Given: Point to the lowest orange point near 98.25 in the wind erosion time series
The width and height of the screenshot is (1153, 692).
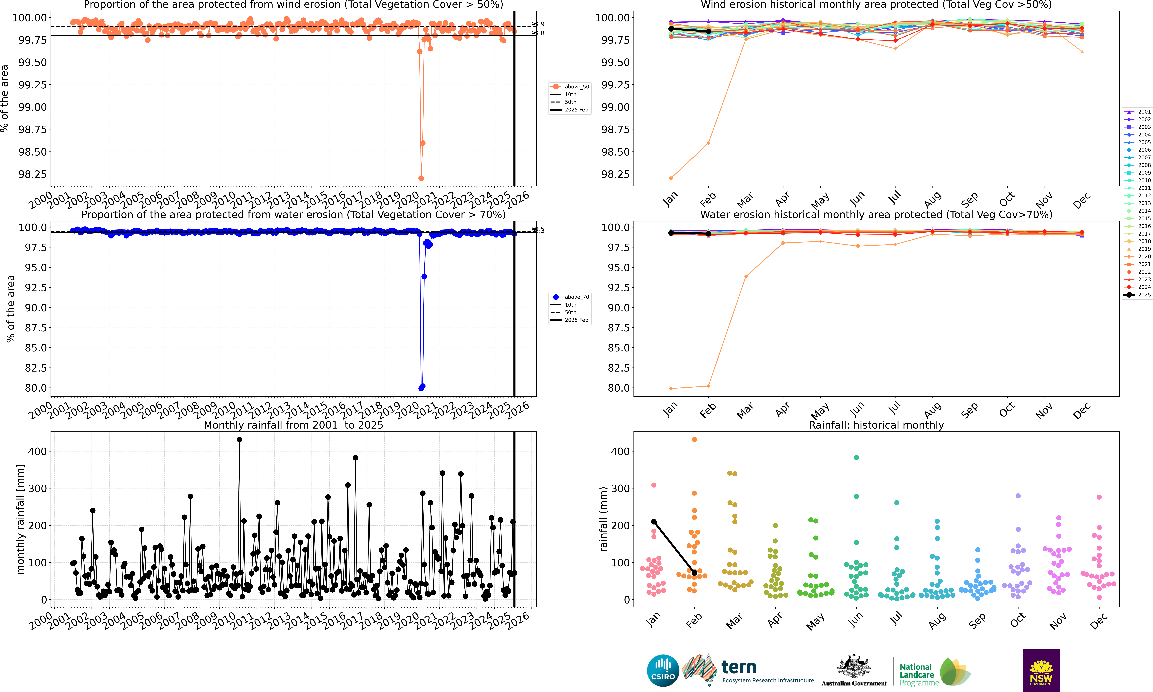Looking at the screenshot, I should [421, 178].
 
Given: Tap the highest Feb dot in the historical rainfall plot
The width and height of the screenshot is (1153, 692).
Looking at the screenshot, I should [694, 439].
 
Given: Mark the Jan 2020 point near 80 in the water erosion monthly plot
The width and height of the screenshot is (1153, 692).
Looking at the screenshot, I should [671, 388].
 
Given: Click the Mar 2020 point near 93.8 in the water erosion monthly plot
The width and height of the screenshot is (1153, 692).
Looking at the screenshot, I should [746, 277].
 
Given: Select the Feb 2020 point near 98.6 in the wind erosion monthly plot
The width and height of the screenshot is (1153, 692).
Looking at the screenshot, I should [709, 143].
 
